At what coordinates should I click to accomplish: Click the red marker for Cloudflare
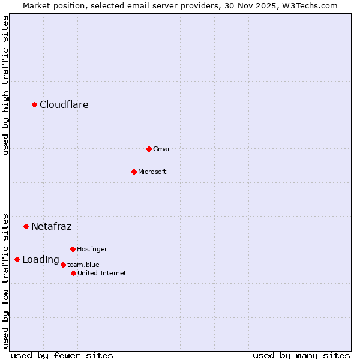35,105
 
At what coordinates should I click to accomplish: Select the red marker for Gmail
149,149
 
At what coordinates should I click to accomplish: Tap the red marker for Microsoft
134,172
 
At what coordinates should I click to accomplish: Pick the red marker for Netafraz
26,226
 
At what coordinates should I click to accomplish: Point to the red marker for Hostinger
73,249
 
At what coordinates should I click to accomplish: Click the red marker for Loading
17,259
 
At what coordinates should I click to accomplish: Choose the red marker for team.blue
63,265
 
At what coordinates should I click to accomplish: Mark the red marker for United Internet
73,273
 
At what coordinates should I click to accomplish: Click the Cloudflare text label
64,105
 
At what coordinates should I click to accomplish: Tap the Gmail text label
162,149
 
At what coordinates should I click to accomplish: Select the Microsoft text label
152,172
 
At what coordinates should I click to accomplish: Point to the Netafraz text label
52,226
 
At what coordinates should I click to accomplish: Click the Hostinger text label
92,249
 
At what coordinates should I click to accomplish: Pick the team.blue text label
83,265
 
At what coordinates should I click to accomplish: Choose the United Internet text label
102,273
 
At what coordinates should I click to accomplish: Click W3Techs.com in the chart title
311,5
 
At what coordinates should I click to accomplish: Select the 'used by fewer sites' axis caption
62,355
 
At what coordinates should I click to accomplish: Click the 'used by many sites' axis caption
301,355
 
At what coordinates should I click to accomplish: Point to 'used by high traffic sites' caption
5,85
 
